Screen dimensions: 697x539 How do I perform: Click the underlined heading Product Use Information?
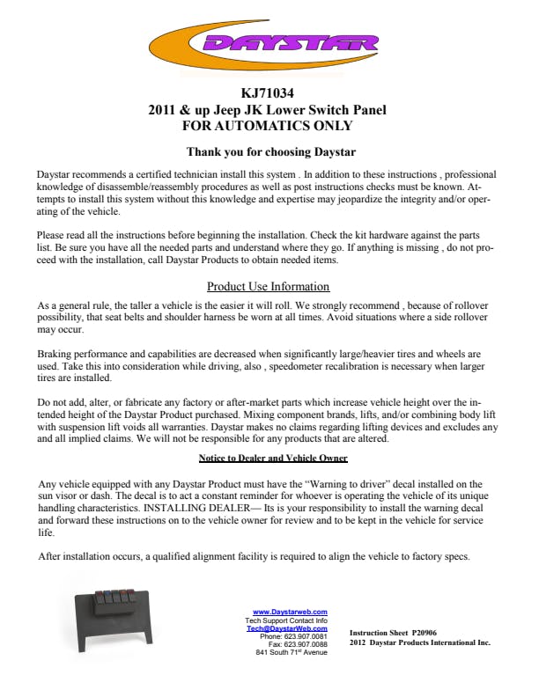(x=268, y=287)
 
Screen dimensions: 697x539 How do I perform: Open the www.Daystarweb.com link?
(x=290, y=612)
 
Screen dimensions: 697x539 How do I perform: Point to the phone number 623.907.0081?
(x=305, y=636)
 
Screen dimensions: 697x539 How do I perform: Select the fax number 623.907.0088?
(x=305, y=644)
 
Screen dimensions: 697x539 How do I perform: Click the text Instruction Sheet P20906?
(x=393, y=633)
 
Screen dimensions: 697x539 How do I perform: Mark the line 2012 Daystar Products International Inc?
(x=419, y=642)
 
